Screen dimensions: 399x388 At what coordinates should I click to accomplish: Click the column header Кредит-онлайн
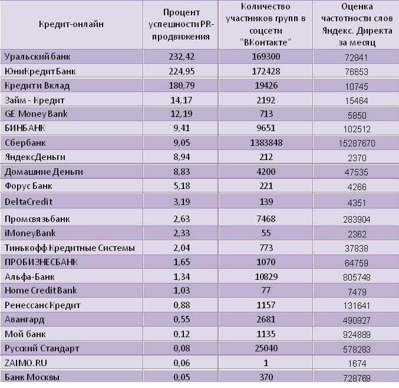pos(71,24)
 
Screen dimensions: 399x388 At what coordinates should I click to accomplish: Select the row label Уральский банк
pos(37,57)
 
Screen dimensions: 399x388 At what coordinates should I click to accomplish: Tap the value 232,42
pos(182,57)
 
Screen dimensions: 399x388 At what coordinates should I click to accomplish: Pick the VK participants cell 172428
pos(266,71)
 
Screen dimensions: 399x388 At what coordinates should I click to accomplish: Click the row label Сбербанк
pos(25,143)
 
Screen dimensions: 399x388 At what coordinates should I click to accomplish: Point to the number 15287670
pos(357,144)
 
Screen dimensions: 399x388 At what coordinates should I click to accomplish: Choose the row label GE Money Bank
pos(36,114)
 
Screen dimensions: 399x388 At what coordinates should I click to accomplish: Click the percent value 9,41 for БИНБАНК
pos(182,128)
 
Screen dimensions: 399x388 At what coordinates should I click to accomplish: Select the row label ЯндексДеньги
pos(35,157)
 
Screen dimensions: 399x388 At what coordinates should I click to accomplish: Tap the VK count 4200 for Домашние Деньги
pos(266,172)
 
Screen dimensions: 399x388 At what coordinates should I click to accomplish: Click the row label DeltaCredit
pos(29,202)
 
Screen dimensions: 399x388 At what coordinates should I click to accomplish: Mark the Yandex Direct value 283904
pos(357,220)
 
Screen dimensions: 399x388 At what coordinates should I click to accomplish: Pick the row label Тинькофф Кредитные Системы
pos(70,248)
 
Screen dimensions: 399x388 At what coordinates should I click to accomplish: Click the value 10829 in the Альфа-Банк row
pos(266,277)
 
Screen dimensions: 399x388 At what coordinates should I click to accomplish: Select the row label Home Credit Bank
pos(41,291)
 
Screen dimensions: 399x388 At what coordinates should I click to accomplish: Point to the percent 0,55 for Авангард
pos(182,319)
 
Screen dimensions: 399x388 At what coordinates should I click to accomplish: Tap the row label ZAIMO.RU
pos(26,363)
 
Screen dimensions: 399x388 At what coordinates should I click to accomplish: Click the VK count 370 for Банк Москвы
pos(266,377)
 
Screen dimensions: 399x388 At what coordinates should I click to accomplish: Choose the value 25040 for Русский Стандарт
pos(266,348)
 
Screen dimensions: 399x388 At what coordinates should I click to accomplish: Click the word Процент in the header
pos(182,12)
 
